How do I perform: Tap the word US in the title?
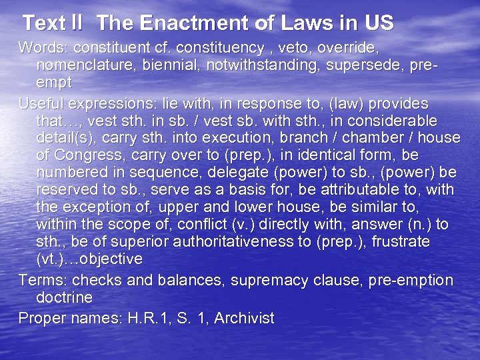(379, 24)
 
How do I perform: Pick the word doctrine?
(64, 297)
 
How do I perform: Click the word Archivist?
(241, 318)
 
